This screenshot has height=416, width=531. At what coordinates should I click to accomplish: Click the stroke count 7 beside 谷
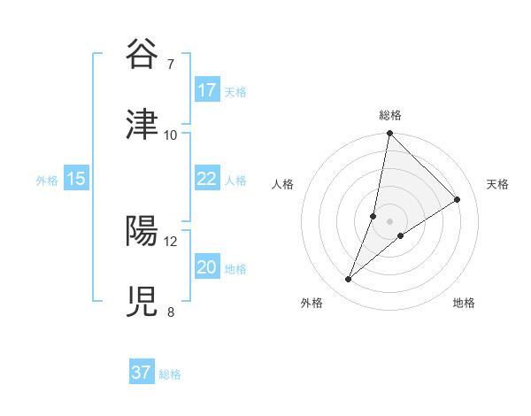click(x=170, y=65)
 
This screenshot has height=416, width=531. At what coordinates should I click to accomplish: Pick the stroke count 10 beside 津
click(x=170, y=135)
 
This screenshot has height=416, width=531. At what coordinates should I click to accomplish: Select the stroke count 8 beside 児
click(x=170, y=312)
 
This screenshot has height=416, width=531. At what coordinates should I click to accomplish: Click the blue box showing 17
click(x=207, y=90)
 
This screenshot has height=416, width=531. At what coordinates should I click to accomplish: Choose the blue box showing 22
click(x=207, y=179)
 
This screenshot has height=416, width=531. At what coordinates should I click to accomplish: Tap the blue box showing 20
click(x=207, y=267)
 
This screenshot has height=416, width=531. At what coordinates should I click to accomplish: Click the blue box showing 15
click(x=76, y=179)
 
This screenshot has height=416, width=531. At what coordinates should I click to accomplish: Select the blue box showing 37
click(x=142, y=373)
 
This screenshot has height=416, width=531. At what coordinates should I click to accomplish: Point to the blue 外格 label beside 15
click(x=47, y=181)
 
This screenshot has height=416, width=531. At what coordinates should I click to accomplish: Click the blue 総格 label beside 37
click(x=170, y=374)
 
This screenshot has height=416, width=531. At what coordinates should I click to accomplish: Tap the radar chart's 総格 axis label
click(x=390, y=115)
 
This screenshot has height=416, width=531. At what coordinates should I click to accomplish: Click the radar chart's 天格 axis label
click(x=498, y=184)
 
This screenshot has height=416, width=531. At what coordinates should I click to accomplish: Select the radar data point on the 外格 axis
click(x=349, y=280)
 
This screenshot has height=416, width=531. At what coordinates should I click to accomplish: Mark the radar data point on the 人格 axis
click(x=373, y=215)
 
